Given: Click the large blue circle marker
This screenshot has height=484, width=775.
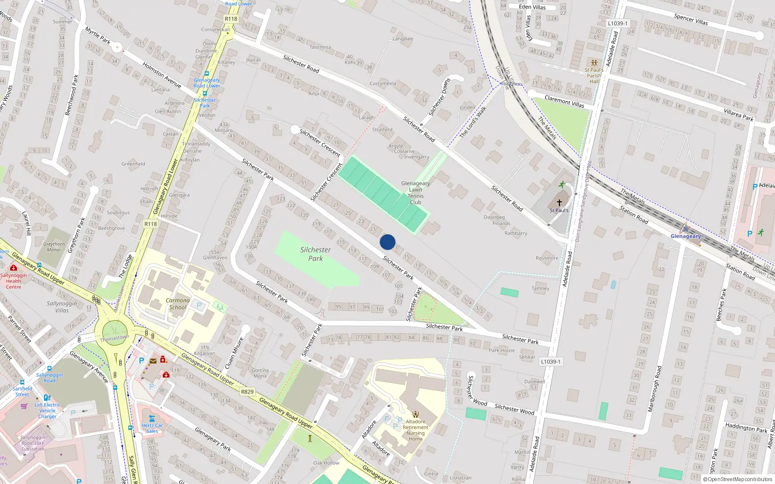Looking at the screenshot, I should (387, 242).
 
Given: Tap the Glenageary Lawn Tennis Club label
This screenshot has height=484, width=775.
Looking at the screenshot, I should (416, 193).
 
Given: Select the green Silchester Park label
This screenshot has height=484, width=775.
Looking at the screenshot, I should (315, 254).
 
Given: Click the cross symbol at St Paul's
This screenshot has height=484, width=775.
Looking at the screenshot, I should (559, 203).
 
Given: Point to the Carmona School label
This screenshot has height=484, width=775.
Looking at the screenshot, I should (178, 303).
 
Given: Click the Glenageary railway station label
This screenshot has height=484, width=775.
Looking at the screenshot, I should (685, 236).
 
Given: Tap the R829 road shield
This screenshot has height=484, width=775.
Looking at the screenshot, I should (247, 392).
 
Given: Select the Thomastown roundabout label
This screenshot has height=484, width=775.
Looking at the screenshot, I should (114, 338).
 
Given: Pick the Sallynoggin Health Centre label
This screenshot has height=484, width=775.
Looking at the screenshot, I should (14, 281).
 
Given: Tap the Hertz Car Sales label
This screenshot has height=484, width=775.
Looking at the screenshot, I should (152, 428).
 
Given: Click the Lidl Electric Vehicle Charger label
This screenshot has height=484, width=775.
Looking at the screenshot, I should (47, 410).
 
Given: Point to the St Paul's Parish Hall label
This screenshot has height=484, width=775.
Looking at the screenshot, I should (594, 76).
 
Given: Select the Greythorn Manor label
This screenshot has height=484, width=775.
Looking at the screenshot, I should (54, 247).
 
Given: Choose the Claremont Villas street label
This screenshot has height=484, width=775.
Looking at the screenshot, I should (564, 101).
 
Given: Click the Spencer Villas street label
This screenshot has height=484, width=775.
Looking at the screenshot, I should (691, 19).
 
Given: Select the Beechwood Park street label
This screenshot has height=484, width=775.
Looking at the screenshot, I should (72, 95).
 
